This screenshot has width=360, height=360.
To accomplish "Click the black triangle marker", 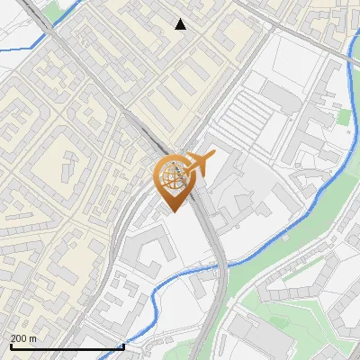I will click(x=181, y=24).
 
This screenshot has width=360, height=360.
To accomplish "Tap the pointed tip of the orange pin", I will click(x=172, y=211).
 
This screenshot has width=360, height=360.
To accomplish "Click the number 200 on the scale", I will click(x=18, y=338).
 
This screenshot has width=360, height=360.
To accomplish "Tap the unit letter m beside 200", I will click(x=33, y=338).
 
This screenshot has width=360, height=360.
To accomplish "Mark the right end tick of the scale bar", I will click(x=123, y=345).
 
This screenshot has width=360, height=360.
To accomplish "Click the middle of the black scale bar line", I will click(x=67, y=346).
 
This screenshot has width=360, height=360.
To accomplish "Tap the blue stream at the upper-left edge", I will click(x=18, y=45).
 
